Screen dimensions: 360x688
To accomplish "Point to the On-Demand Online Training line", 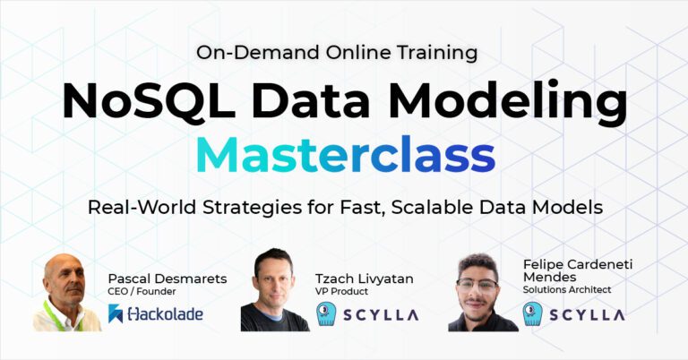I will [337, 52].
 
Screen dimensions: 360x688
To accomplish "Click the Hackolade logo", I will [154, 313].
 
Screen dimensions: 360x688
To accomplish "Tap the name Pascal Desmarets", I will [167, 279].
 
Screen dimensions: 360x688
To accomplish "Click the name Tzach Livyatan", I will [364, 279].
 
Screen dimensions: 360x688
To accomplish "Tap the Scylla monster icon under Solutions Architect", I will [534, 314].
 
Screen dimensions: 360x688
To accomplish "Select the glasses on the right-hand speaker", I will [477, 285].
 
